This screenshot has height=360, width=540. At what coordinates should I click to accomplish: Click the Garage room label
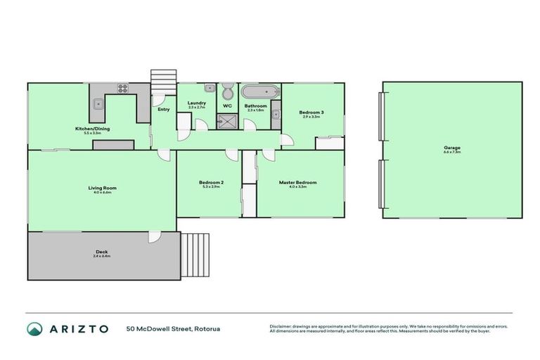click(x=451, y=148)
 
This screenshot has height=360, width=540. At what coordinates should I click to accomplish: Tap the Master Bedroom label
click(x=297, y=183)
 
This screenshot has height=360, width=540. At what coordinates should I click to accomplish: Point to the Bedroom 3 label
click(x=311, y=112)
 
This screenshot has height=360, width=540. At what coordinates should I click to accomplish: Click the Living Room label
click(x=102, y=188)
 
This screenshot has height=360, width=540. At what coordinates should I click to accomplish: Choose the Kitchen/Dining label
click(x=92, y=129)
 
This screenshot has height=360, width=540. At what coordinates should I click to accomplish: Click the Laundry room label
click(x=196, y=103)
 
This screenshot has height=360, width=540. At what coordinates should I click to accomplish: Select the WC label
click(x=227, y=105)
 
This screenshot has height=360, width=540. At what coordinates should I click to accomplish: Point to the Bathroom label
click(x=255, y=106)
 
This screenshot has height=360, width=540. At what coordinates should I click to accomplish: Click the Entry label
click(x=163, y=109)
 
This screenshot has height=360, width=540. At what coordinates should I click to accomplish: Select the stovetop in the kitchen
click(x=123, y=89)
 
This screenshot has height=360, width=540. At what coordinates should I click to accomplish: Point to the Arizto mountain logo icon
click(x=34, y=328)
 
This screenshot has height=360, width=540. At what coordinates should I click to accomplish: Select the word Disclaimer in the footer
click(x=282, y=326)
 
